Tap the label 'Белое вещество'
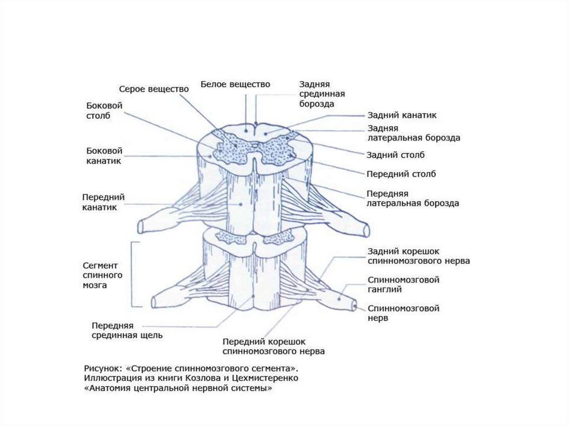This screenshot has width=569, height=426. [235, 84]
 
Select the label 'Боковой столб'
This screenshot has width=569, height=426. [104, 111]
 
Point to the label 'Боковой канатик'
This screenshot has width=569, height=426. [104, 156]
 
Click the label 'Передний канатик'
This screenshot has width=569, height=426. [103, 202]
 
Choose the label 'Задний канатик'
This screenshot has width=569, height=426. [402, 116]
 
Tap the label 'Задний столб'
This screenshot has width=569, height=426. [396, 155]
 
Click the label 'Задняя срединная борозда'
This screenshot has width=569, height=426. [322, 94]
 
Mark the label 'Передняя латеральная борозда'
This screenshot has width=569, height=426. [412, 198]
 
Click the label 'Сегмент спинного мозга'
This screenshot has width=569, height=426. [102, 275]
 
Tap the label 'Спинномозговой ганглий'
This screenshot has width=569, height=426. [403, 284]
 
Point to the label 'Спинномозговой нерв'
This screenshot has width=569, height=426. [403, 313]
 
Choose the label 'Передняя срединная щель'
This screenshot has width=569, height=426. [127, 330]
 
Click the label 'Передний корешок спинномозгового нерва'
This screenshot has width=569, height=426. [273, 346]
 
